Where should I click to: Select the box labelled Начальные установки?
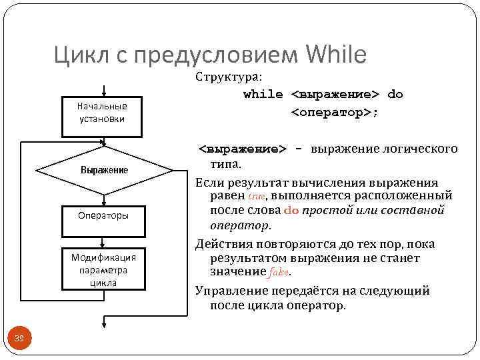click(x=103, y=112)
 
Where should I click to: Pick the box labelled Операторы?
click(x=103, y=215)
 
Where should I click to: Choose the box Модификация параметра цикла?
click(x=103, y=269)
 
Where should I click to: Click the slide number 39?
click(x=19, y=340)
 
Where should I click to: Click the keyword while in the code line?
click(x=263, y=94)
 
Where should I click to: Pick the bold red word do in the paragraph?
click(x=291, y=211)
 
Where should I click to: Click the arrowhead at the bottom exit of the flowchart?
click(x=103, y=325)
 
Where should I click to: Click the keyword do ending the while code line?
click(x=395, y=94)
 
